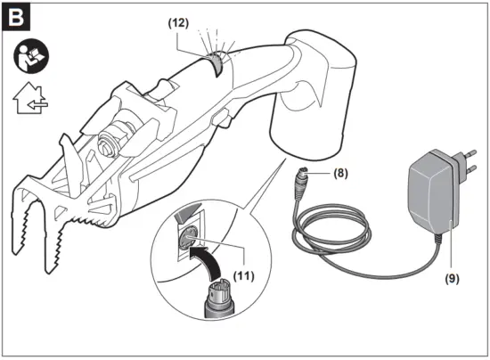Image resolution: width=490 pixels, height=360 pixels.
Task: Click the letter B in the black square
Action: (19, 18)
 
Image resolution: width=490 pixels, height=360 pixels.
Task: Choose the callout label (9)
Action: (454, 275)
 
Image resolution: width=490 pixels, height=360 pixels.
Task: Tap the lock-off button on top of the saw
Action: (164, 90)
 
